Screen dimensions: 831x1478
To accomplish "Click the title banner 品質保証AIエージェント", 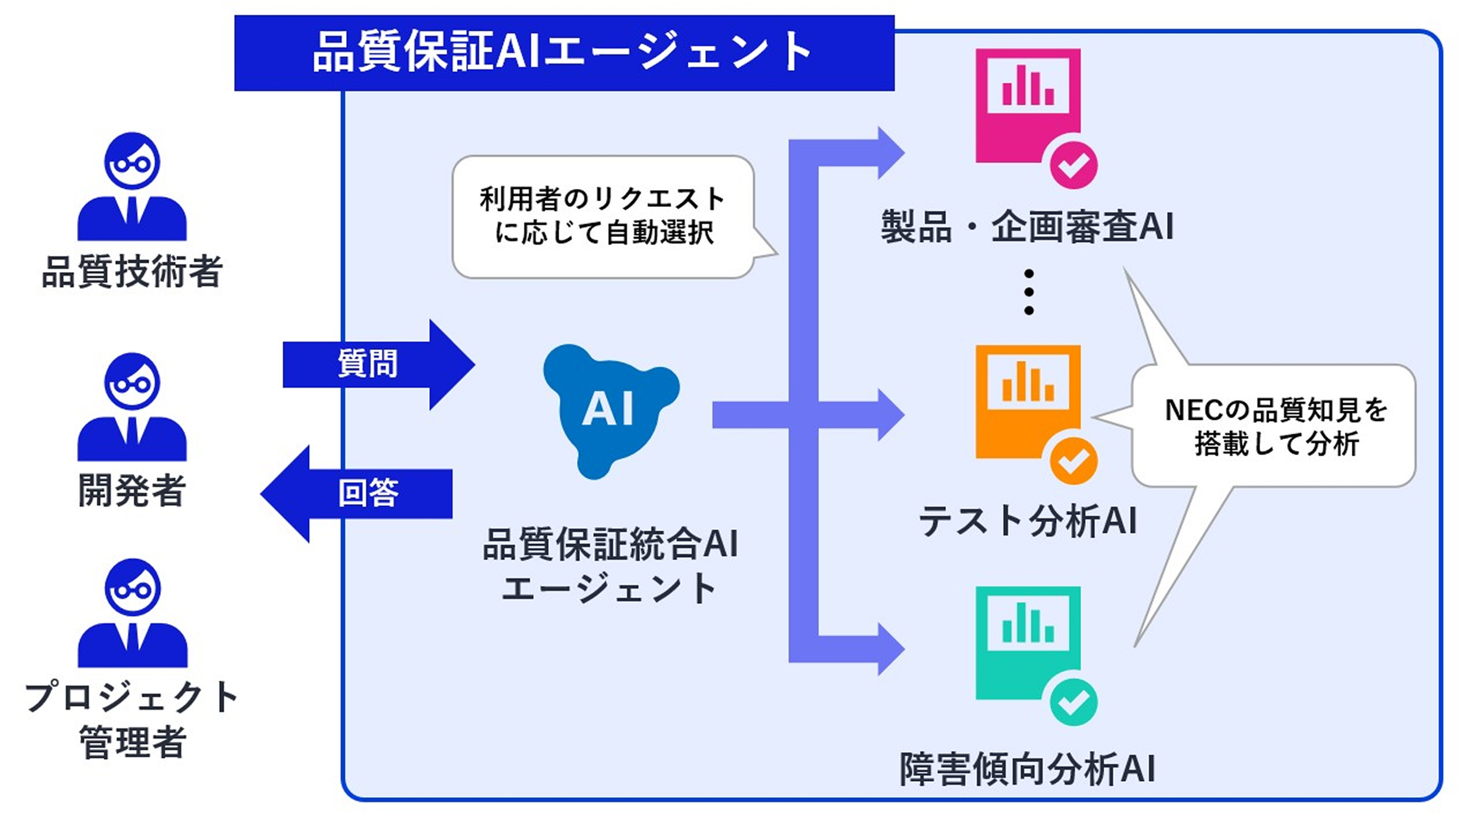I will (563, 53).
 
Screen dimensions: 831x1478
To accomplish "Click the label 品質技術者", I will (132, 271).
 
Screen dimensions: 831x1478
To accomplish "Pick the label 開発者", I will (132, 491).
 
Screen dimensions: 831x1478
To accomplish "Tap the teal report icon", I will (1028, 643).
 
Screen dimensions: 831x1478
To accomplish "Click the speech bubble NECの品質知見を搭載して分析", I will (1275, 426).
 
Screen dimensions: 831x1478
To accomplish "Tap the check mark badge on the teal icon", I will (1073, 702).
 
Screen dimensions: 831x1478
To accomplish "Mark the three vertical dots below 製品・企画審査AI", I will (1028, 292).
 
